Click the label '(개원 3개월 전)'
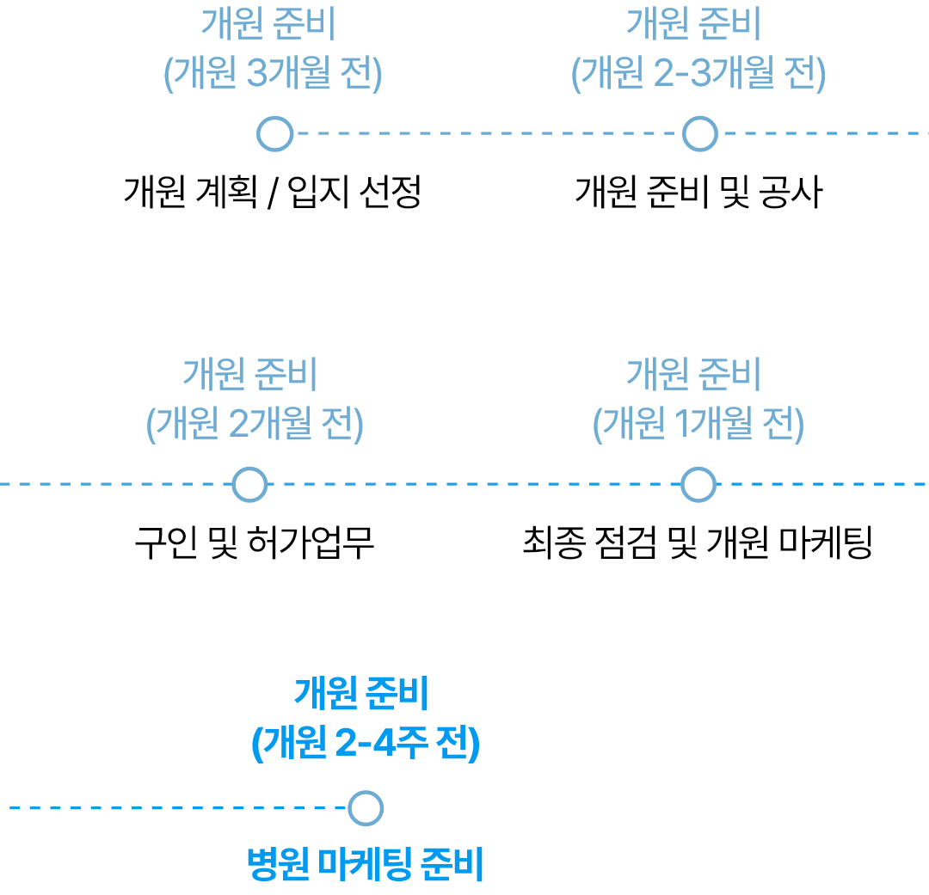tap(274, 73)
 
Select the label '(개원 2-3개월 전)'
tap(698, 73)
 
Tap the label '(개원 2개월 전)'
tap(255, 424)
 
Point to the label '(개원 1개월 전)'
tap(698, 424)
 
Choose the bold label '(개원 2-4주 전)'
tap(366, 743)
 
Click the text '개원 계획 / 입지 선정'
tap(273, 192)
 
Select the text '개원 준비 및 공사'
tap(699, 192)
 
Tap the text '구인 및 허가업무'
tap(255, 543)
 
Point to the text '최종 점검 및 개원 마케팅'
tap(698, 543)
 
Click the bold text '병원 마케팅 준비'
tap(366, 864)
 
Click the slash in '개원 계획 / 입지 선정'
tap(273, 193)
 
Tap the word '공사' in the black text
tap(791, 192)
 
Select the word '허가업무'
tap(311, 543)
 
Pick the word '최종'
tap(553, 543)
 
